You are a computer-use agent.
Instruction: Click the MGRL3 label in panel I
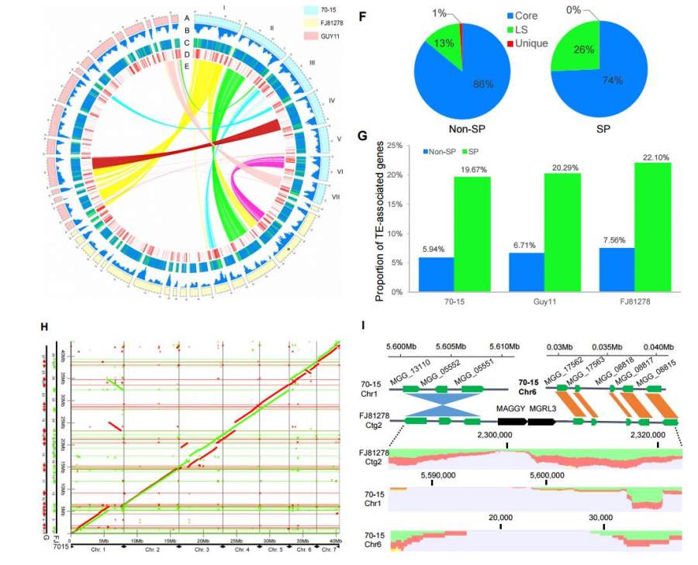(542, 406)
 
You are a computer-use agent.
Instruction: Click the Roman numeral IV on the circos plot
(331, 100)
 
